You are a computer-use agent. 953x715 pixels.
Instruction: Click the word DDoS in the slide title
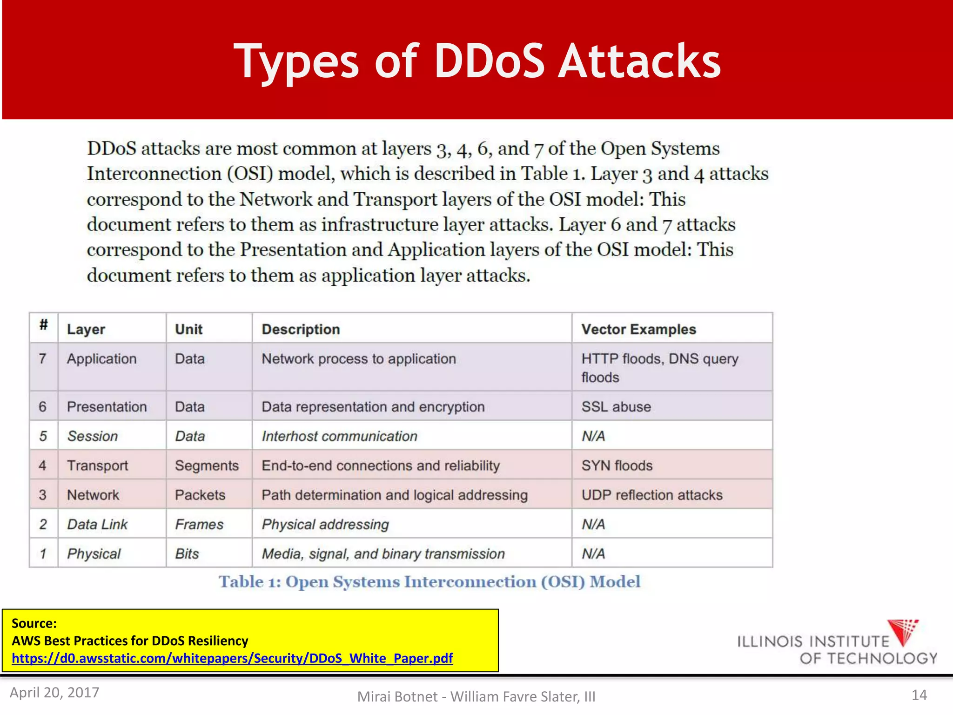(489, 61)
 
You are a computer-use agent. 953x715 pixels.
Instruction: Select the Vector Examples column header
(638, 329)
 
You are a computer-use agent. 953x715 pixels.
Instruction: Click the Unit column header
(188, 329)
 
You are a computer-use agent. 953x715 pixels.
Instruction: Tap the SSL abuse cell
(616, 406)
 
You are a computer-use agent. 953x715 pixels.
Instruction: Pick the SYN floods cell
(617, 465)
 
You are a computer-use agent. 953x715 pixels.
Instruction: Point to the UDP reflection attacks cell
(651, 495)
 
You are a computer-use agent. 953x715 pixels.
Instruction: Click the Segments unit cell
(207, 465)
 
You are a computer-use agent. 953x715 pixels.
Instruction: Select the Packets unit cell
(200, 495)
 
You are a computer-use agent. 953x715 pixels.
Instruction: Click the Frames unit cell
(199, 524)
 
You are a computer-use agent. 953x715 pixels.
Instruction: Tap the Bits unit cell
(187, 553)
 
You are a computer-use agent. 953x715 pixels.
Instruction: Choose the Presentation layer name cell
(107, 406)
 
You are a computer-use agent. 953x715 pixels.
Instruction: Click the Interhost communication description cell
(339, 436)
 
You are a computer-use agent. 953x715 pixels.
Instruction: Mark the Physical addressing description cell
(325, 524)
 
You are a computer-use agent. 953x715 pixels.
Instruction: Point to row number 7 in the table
(43, 359)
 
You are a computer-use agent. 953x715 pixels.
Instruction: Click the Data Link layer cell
(97, 524)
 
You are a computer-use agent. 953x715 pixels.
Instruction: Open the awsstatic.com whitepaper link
(232, 658)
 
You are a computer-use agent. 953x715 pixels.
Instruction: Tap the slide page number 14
(919, 695)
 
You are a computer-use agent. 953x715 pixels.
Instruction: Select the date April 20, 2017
(54, 692)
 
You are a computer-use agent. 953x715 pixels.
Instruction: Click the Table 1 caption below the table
(430, 582)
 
